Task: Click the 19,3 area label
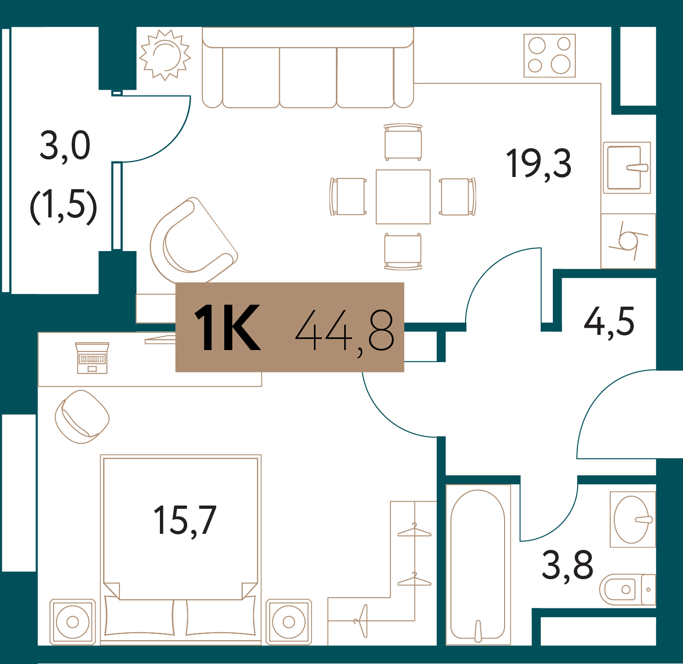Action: click(539, 163)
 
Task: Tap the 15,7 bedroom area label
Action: click(185, 521)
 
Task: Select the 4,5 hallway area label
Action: click(609, 322)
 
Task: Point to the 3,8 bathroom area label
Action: click(567, 566)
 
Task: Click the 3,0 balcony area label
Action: click(65, 146)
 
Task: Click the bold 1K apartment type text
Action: click(228, 328)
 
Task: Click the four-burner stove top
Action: click(549, 56)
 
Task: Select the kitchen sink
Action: click(627, 168)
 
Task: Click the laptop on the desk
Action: click(92, 358)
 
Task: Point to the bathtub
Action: click(478, 565)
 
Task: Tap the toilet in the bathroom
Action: click(627, 589)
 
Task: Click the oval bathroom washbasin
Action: click(632, 519)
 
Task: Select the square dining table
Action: click(403, 196)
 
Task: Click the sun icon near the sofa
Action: click(165, 55)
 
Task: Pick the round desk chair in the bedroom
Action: click(82, 416)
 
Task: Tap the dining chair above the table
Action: click(403, 142)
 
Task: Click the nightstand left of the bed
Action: click(73, 622)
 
